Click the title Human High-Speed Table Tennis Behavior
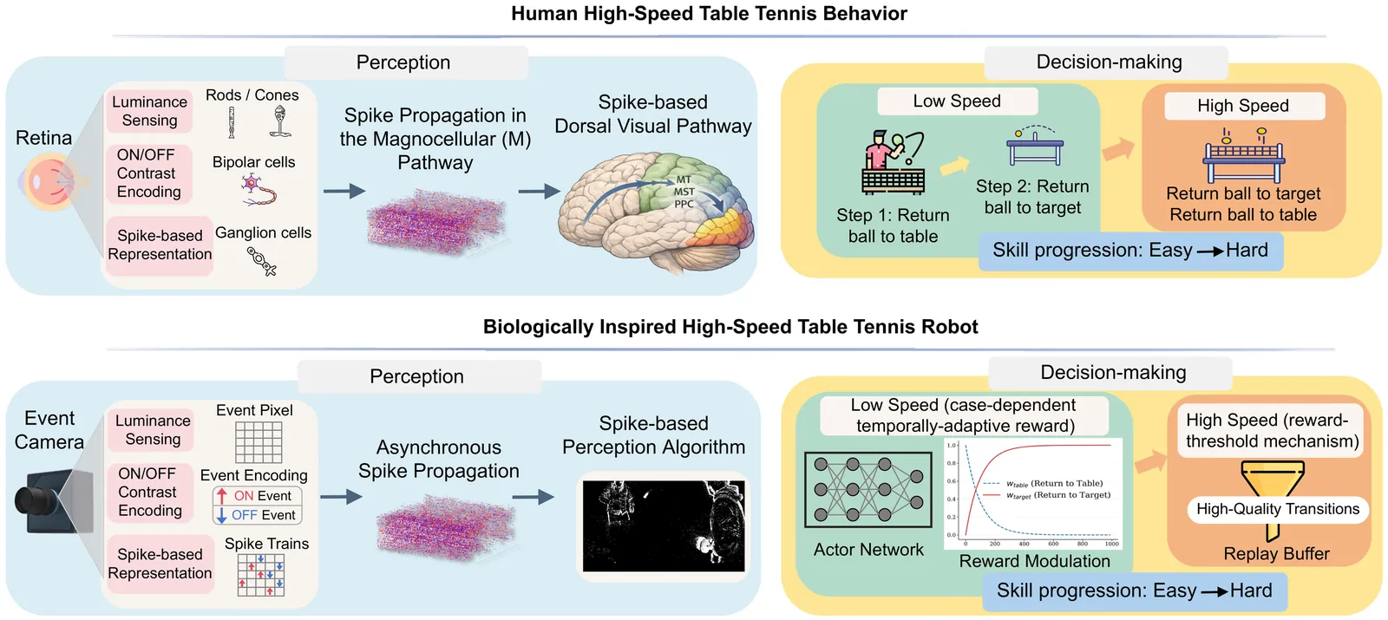click(709, 14)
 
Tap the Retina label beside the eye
click(43, 138)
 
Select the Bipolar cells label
click(253, 162)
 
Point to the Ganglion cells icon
click(261, 261)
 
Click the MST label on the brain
click(684, 192)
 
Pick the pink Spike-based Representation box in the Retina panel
click(160, 245)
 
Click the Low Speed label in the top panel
click(957, 101)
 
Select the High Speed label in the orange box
click(1243, 106)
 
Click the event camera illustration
click(54, 501)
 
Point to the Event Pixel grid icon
click(259, 441)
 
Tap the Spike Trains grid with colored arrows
click(261, 575)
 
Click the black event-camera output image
click(664, 525)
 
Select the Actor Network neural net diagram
click(869, 490)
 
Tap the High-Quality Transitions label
click(1278, 509)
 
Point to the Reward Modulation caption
click(1034, 561)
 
